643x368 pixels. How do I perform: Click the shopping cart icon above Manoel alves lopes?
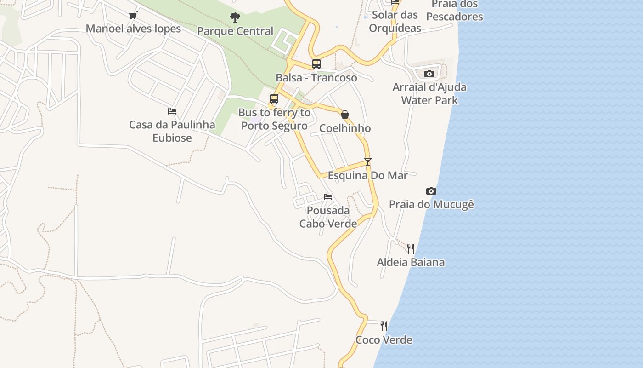[133, 16]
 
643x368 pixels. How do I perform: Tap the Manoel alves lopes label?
[133, 29]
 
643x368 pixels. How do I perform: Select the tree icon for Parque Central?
[235, 18]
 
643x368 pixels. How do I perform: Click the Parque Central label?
[235, 31]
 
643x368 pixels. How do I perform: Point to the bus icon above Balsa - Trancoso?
[316, 64]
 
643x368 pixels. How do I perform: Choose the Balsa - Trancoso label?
[316, 78]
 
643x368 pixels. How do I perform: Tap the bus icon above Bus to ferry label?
[274, 99]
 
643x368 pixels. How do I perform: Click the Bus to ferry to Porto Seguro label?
[274, 119]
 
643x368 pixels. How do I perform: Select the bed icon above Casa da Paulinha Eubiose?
[172, 111]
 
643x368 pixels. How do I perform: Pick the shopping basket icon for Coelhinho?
[345, 115]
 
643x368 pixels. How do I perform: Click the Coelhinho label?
[345, 128]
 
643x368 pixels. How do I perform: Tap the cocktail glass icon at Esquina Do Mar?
[367, 162]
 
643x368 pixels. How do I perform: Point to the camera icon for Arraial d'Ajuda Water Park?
[429, 74]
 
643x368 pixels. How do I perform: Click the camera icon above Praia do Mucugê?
[431, 191]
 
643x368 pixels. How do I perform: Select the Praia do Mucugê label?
[431, 204]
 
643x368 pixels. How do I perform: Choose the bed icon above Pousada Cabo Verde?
[328, 197]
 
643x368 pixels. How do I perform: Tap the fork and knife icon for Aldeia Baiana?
[411, 249]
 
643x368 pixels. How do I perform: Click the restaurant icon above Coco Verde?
[384, 326]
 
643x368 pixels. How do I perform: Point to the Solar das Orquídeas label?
[395, 22]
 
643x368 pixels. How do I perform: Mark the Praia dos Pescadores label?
[454, 11]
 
